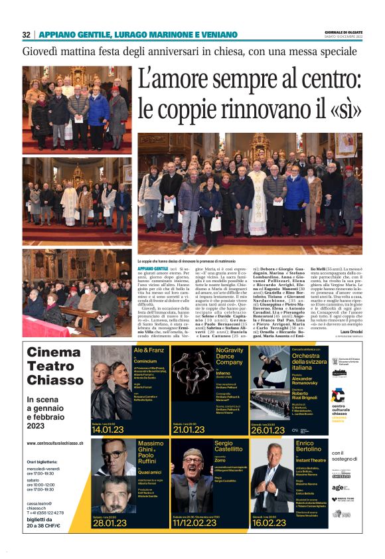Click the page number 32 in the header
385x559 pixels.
click(x=26, y=35)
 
